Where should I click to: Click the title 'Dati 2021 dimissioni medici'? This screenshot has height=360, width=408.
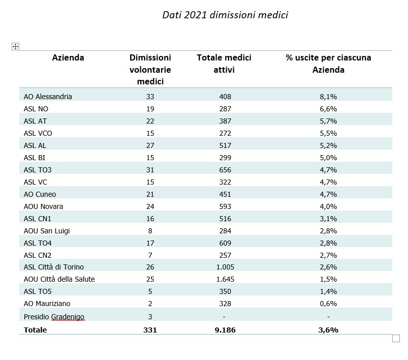pyautogui.click(x=225, y=15)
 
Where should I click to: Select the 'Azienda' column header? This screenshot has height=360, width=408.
pyautogui.click(x=68, y=57)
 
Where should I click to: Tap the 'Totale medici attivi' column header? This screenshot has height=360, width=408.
pyautogui.click(x=224, y=64)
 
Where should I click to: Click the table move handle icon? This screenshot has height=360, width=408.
pyautogui.click(x=15, y=46)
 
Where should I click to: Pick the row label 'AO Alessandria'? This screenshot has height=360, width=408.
pyautogui.click(x=48, y=97)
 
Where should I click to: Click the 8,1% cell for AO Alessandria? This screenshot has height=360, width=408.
pyautogui.click(x=328, y=97)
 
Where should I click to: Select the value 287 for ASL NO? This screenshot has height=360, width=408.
pyautogui.click(x=225, y=109)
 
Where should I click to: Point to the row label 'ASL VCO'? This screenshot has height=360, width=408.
pyautogui.click(x=38, y=133)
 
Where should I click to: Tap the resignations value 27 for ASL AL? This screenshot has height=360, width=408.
pyautogui.click(x=150, y=145)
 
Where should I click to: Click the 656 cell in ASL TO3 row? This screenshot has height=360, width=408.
pyautogui.click(x=225, y=170)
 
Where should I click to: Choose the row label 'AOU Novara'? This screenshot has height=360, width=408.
pyautogui.click(x=44, y=206)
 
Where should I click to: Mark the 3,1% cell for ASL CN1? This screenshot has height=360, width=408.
pyautogui.click(x=328, y=219)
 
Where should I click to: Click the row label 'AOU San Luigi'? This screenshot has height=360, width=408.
pyautogui.click(x=47, y=231)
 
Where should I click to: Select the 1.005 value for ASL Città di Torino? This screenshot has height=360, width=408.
pyautogui.click(x=225, y=267)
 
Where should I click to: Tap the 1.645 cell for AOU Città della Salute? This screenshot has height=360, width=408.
pyautogui.click(x=225, y=279)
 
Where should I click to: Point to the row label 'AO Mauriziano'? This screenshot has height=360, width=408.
pyautogui.click(x=47, y=304)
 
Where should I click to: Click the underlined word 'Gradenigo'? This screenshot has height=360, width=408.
pyautogui.click(x=68, y=317)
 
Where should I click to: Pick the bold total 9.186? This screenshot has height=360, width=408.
pyautogui.click(x=225, y=330)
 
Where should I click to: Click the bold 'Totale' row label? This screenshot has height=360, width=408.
pyautogui.click(x=36, y=330)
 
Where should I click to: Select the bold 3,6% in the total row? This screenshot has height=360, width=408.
pyautogui.click(x=328, y=330)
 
